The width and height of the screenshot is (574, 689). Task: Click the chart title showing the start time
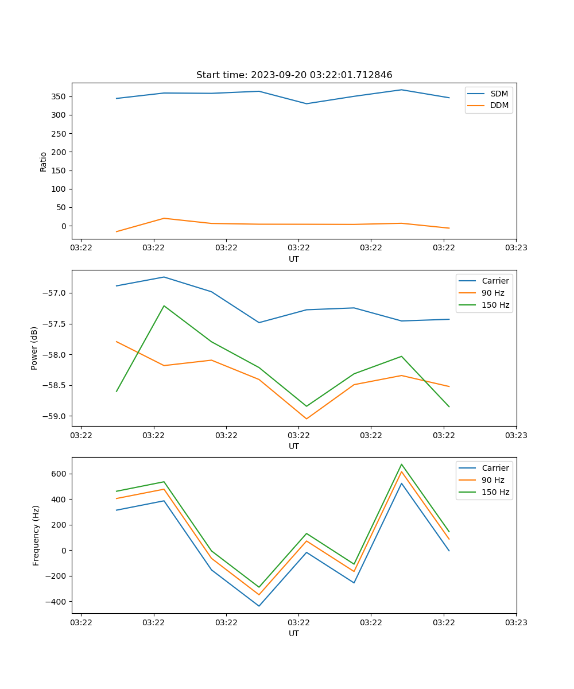294,75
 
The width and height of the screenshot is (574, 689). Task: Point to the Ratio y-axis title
44,161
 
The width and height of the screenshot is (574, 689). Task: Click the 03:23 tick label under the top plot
516,248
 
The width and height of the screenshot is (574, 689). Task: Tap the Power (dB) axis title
34,348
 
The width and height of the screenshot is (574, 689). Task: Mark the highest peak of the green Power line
164,305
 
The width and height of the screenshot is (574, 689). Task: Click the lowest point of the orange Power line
307,419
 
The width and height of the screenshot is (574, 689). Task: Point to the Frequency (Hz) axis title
36,535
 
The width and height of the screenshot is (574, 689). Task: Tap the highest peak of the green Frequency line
401,464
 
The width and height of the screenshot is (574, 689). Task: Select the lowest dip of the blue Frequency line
259,606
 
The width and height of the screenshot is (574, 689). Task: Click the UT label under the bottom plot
294,633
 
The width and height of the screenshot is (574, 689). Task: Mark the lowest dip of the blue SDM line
307,104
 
